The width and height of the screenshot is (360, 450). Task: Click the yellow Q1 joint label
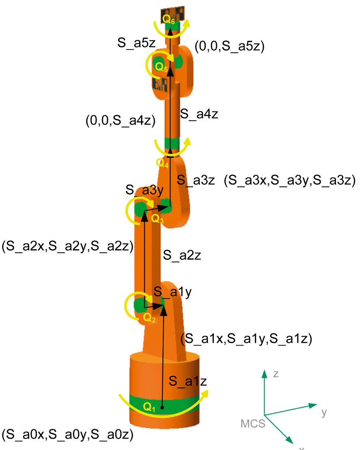point(149,407)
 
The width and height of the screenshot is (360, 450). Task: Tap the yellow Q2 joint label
point(149,318)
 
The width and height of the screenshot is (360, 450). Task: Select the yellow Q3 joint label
point(157,219)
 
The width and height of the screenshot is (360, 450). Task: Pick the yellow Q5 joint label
point(161,67)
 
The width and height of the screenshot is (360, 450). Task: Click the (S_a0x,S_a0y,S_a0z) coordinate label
point(67,434)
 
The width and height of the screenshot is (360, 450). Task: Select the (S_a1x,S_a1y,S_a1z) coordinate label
point(246,339)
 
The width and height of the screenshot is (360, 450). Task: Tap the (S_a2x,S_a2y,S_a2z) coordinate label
point(67,246)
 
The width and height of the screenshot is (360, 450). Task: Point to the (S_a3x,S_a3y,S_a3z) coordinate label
point(290,180)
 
